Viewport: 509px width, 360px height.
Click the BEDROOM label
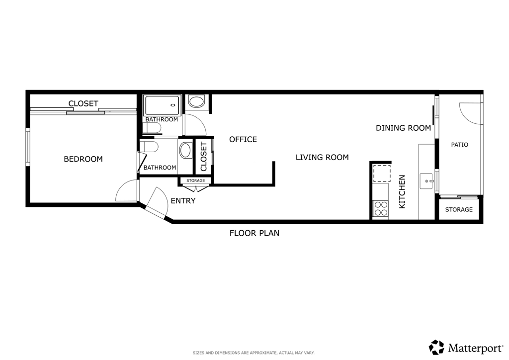(x=83, y=159)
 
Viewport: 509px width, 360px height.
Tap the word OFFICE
(x=243, y=139)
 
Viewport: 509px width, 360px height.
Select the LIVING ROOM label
(x=322, y=157)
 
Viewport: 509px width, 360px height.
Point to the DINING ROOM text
(x=403, y=128)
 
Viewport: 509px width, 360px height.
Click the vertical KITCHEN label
(x=403, y=191)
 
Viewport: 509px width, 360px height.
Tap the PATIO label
(x=459, y=145)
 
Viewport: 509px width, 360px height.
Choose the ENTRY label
(x=183, y=201)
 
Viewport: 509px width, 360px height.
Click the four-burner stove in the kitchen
(x=381, y=208)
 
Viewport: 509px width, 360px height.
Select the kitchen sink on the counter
(x=427, y=181)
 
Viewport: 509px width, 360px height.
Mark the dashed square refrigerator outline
(x=382, y=174)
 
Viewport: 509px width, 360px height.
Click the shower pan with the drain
(x=162, y=105)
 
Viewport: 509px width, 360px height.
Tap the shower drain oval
(x=173, y=105)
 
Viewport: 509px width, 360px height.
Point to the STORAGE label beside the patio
(x=459, y=209)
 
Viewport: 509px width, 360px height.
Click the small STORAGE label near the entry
(x=196, y=180)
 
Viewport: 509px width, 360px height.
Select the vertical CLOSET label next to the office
(x=203, y=157)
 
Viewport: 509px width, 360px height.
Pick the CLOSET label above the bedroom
(x=83, y=103)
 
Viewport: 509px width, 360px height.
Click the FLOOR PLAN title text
(x=254, y=233)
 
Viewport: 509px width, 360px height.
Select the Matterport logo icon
(x=436, y=347)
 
